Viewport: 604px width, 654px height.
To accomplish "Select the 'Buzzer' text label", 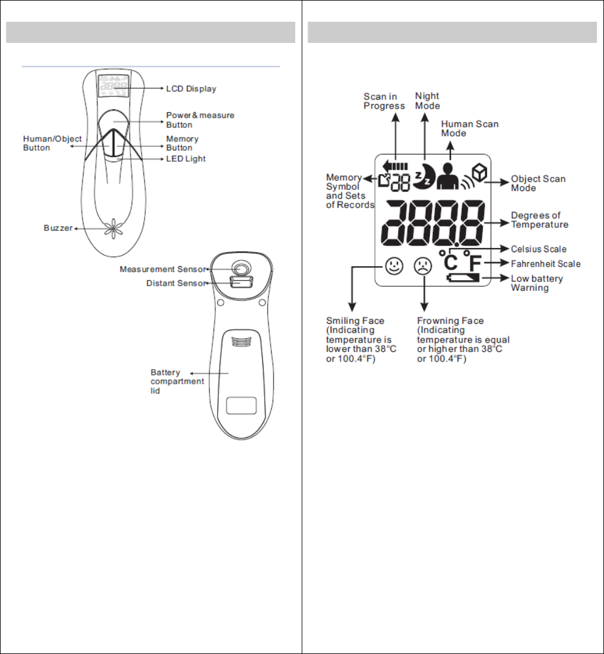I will [x=58, y=228].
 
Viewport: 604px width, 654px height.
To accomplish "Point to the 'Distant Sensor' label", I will [x=175, y=284].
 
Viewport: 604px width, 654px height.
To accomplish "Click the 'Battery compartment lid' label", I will [x=177, y=381].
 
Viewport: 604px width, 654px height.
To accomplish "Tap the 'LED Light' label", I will [x=186, y=159].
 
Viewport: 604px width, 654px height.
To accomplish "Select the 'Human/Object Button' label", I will [x=52, y=143].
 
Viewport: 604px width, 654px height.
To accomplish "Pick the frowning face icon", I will [x=423, y=266].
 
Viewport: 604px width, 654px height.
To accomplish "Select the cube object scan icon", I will [x=481, y=171].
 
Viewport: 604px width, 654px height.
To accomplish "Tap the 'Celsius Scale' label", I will [x=539, y=249].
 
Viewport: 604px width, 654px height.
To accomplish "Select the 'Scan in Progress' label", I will [x=384, y=101].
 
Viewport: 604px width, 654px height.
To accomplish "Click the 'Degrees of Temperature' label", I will [x=539, y=220].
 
